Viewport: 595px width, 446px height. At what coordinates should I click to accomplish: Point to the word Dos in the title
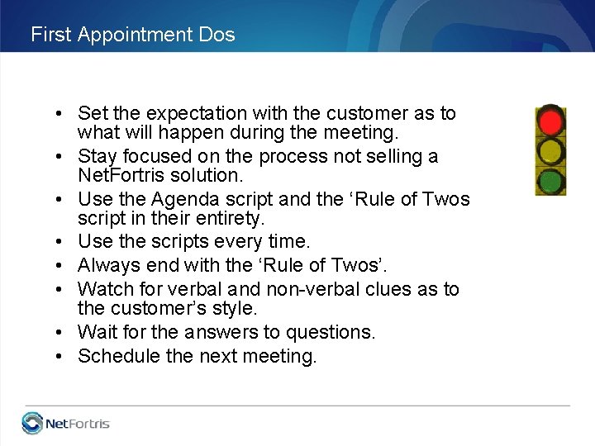217,35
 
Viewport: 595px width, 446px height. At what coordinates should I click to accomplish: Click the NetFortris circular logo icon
32,424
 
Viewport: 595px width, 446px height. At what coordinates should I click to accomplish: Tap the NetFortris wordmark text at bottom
78,425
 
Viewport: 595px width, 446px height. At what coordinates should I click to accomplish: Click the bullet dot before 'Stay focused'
62,157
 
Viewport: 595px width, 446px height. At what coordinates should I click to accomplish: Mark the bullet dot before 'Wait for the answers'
62,333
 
